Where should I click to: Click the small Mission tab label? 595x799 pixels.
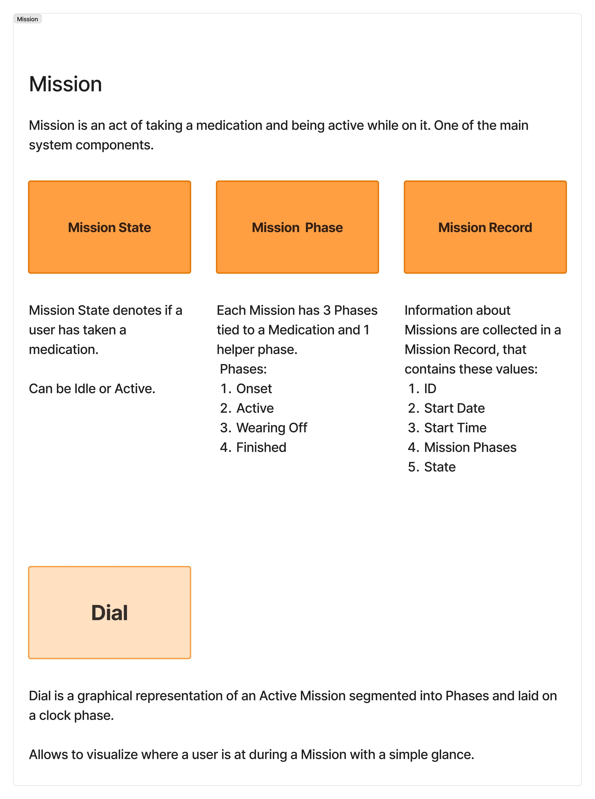pos(27,19)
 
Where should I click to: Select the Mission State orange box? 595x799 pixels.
pos(109,227)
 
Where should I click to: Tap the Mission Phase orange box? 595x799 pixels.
pos(297,227)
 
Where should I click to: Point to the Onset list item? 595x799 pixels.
pos(254,389)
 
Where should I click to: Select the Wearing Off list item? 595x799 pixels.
pos(272,428)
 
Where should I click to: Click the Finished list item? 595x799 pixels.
pos(261,447)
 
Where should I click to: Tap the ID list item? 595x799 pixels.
pos(430,389)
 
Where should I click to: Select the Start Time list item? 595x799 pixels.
pos(455,428)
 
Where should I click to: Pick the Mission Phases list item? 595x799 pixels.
pos(470,447)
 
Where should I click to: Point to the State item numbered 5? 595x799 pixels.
pos(440,467)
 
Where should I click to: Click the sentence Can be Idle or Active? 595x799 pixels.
pos(92,389)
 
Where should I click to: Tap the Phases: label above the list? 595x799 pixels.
pos(243,369)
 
